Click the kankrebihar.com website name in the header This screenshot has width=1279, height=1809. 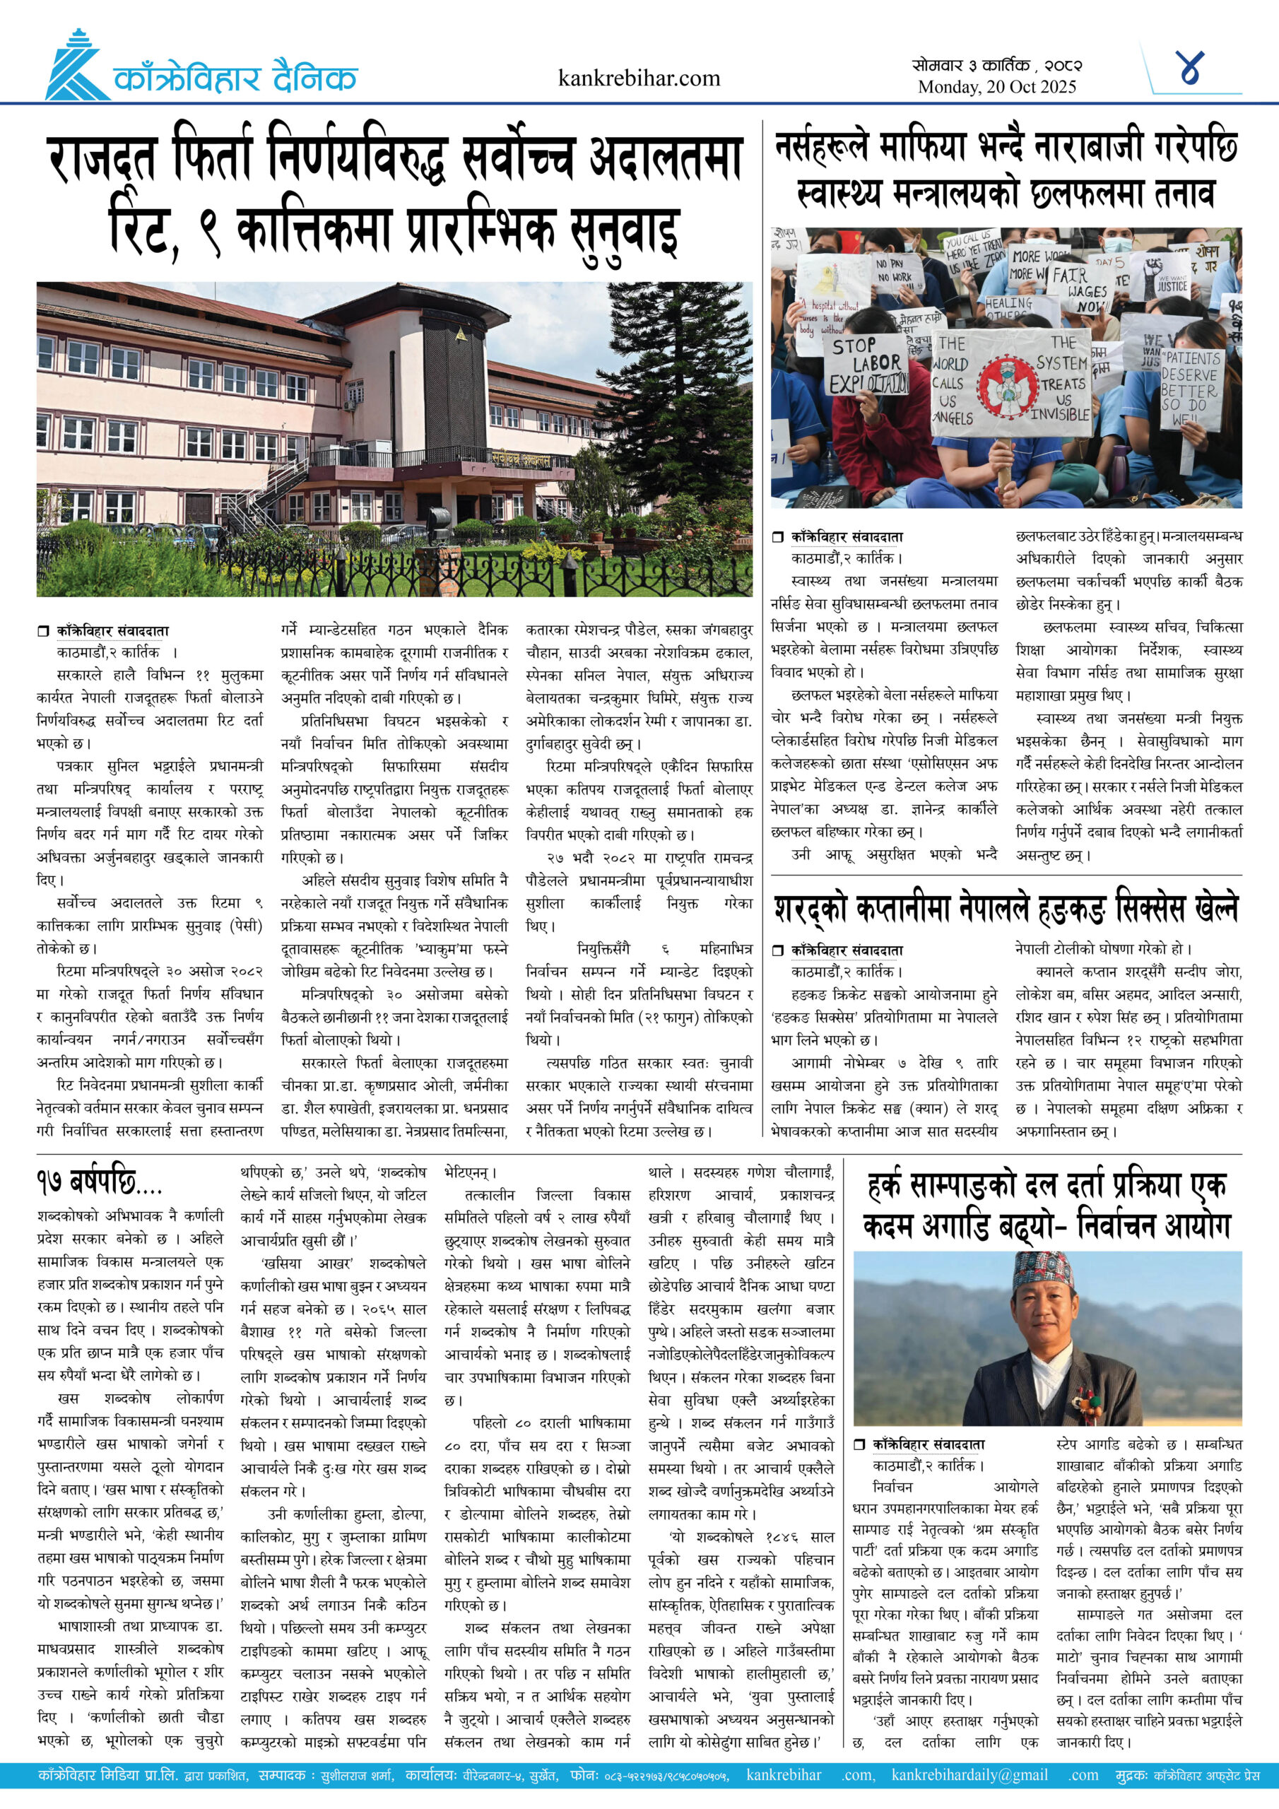tap(638, 78)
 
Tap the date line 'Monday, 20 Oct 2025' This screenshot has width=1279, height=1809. tap(996, 88)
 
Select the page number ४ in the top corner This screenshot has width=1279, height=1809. tap(1189, 68)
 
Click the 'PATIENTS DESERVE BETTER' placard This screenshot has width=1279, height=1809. tap(1189, 387)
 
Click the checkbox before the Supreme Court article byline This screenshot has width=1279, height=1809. tap(43, 630)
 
